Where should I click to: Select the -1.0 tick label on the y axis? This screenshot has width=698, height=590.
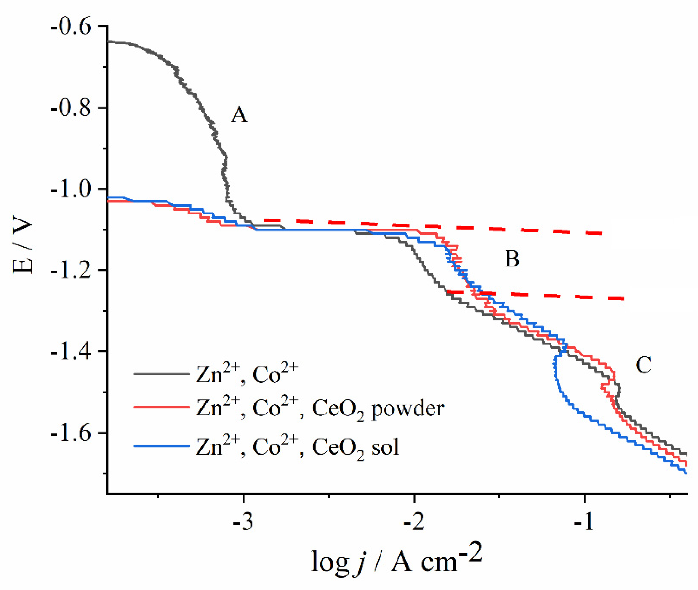coord(71,189)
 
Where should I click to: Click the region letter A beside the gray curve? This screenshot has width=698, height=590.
coord(240,115)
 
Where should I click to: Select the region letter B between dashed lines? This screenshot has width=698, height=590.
coord(512,259)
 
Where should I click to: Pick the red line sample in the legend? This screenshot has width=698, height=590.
coord(162,407)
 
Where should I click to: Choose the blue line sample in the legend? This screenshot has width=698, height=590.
coord(162,446)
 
